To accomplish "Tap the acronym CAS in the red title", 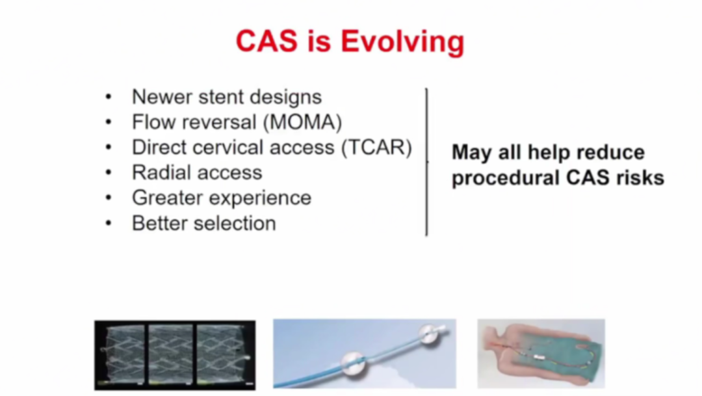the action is [266, 41].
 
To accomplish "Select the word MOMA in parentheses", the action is [303, 122].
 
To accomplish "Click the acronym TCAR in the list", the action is [376, 148].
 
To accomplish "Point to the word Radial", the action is [159, 172].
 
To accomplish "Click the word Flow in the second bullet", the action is [150, 122].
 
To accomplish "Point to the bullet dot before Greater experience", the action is [109, 198].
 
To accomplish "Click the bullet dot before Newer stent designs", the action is [109, 97].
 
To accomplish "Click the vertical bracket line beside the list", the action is [426, 162].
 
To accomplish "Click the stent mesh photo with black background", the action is [175, 355].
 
